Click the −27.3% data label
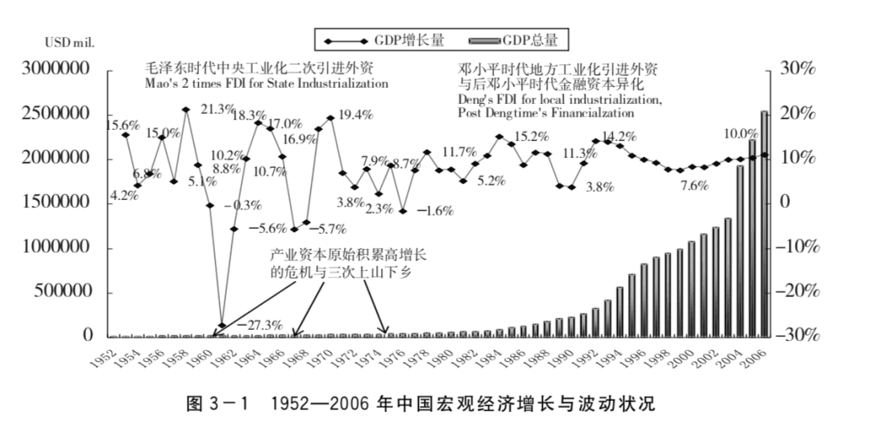coord(259,325)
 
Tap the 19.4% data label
coord(355,114)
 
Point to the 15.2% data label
coord(532,136)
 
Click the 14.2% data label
coord(619,136)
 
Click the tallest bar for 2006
coord(764,223)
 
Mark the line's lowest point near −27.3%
coord(222,326)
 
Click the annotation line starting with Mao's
coord(266,83)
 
